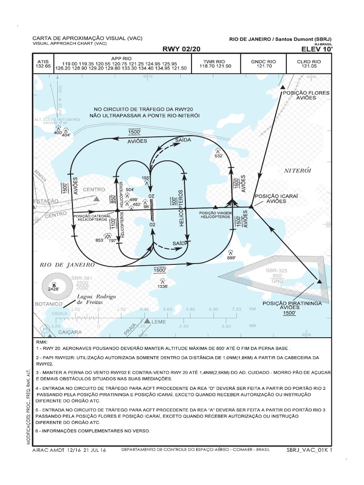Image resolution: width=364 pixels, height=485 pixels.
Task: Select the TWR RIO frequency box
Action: tap(214, 64)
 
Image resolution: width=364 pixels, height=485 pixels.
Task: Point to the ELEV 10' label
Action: tap(316, 48)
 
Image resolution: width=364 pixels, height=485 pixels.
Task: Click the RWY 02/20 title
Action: tap(182, 48)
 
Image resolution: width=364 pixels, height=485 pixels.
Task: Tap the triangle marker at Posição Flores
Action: tap(283, 88)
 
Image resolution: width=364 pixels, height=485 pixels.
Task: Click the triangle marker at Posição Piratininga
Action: tap(319, 282)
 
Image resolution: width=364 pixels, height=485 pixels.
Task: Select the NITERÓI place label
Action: tap(297, 170)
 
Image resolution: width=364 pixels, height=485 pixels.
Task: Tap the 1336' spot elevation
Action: tap(162, 286)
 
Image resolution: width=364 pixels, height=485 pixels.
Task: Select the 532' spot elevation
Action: tap(218, 155)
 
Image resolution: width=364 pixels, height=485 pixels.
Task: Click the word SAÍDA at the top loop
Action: tap(183, 141)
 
